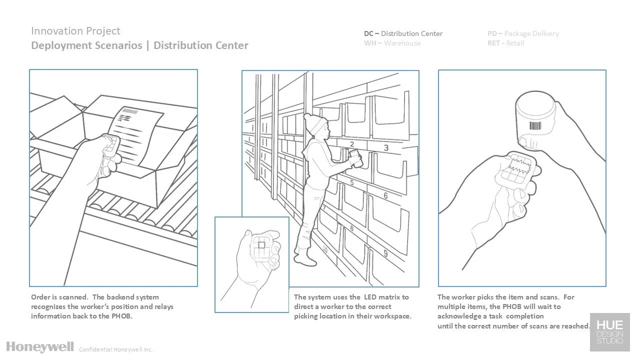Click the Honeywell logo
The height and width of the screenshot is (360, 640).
(40, 347)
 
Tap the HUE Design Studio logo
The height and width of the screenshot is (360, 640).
(609, 332)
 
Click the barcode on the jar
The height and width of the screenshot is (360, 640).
(535, 126)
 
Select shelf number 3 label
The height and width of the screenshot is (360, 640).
(386, 147)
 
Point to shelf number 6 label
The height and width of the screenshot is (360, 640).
(385, 195)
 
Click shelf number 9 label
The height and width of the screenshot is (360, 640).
(385, 253)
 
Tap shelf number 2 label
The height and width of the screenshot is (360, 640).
(352, 144)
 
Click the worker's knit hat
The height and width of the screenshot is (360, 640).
(315, 123)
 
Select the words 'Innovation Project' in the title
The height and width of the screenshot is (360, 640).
(75, 31)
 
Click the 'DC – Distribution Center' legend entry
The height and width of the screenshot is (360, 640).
(403, 33)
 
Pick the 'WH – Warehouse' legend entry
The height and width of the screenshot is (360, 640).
(392, 43)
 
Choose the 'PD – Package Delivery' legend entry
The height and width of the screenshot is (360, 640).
(523, 33)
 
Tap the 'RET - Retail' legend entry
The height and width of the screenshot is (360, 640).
(505, 43)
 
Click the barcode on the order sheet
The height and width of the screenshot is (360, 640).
(130, 111)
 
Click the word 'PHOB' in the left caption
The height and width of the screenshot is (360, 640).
(121, 316)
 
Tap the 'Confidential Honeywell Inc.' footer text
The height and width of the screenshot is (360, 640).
(115, 349)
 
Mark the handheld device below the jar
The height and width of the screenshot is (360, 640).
(516, 169)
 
